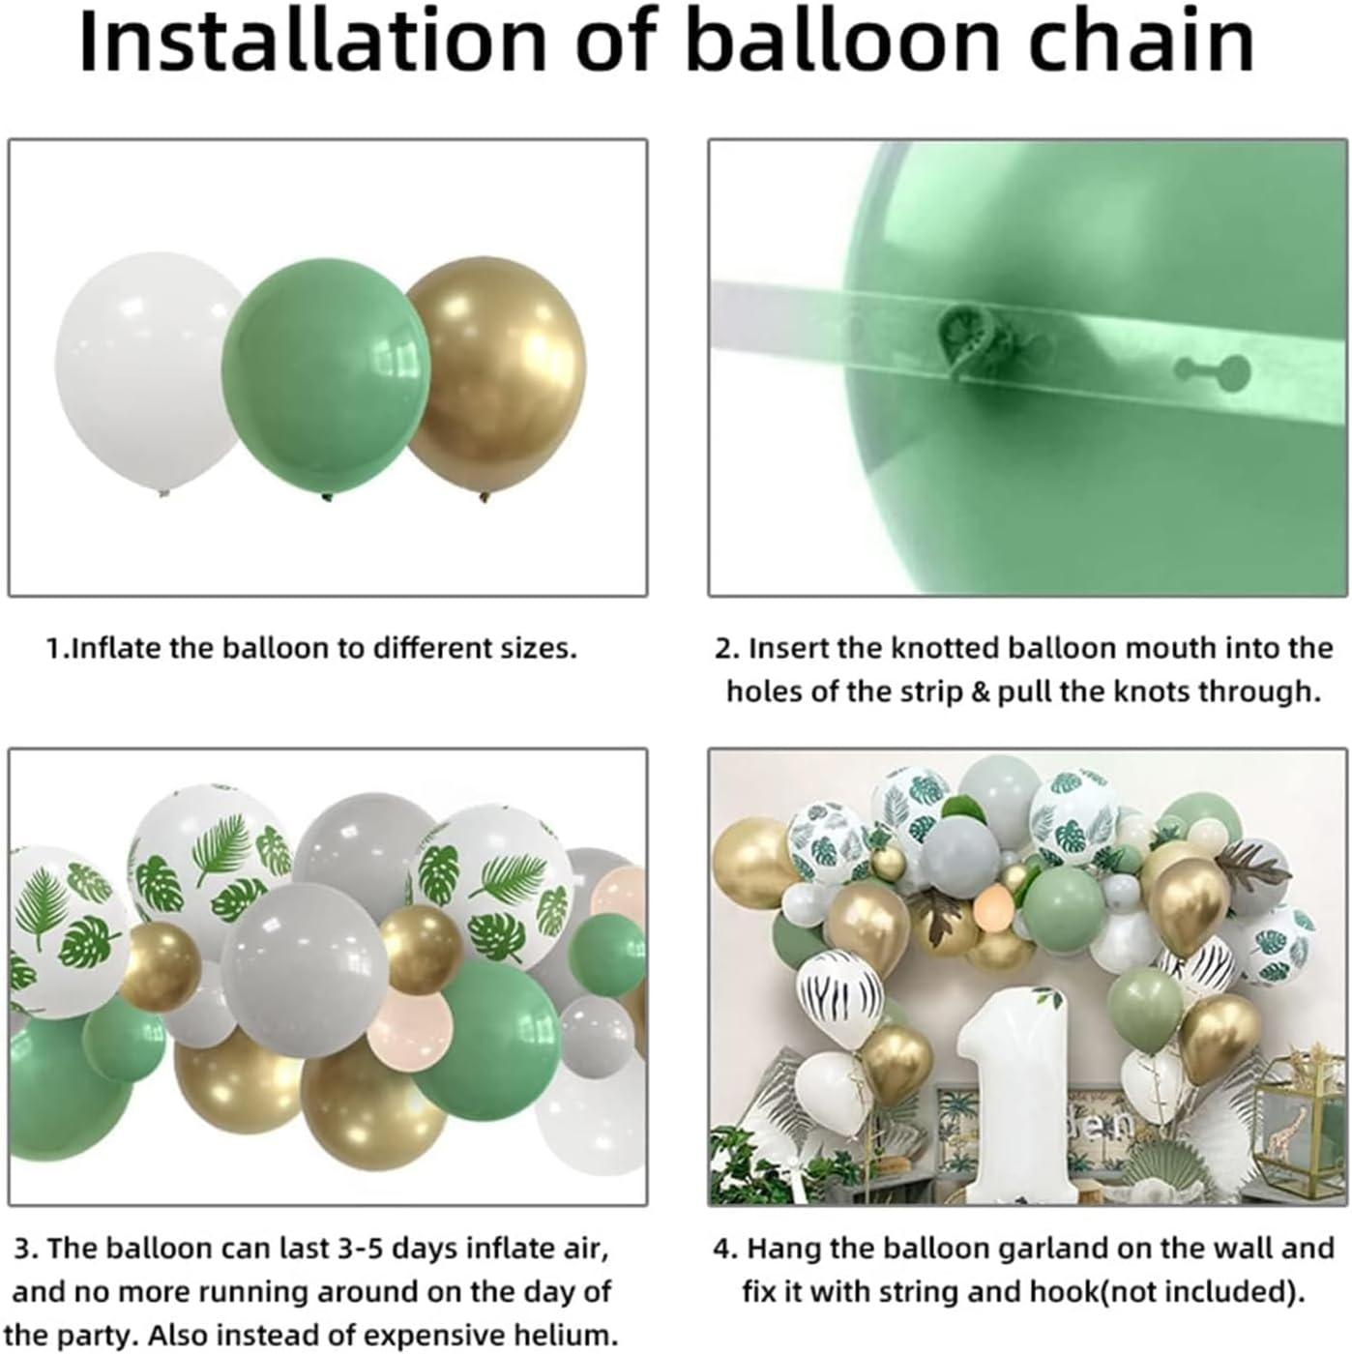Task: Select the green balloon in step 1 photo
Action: coord(325,377)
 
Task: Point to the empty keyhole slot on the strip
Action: coord(1211,368)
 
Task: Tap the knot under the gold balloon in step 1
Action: coord(485,498)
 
